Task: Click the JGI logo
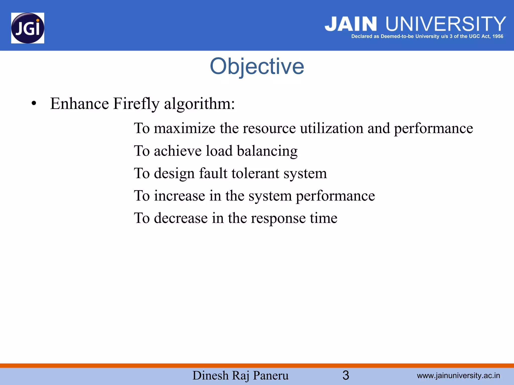pos(28,28)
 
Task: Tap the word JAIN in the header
pos(351,24)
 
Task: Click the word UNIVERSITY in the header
pos(445,24)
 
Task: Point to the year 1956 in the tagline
pos(498,36)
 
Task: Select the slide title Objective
pos(257,66)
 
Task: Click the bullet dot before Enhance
pos(34,104)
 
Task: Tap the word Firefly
pos(136,104)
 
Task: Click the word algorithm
pos(199,104)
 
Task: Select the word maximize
pos(184,128)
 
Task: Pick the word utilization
pos(331,128)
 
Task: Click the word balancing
pos(267,151)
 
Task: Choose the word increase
pos(179,196)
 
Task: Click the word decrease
pos(181,218)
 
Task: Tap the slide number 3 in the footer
pos(346,375)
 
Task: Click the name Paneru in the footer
pos(271,375)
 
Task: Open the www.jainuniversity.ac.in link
pos(458,375)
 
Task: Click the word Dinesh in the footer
pos(210,375)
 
